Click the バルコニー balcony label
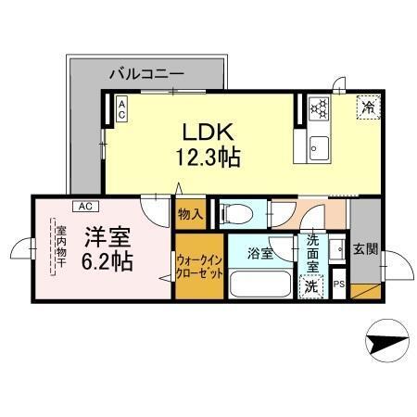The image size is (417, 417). (x=146, y=71)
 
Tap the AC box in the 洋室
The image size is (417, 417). (x=83, y=206)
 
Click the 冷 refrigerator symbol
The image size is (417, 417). (x=367, y=107)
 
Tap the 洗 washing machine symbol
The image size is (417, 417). (x=313, y=286)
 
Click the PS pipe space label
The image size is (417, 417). (x=338, y=284)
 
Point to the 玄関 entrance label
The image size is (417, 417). (x=365, y=249)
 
